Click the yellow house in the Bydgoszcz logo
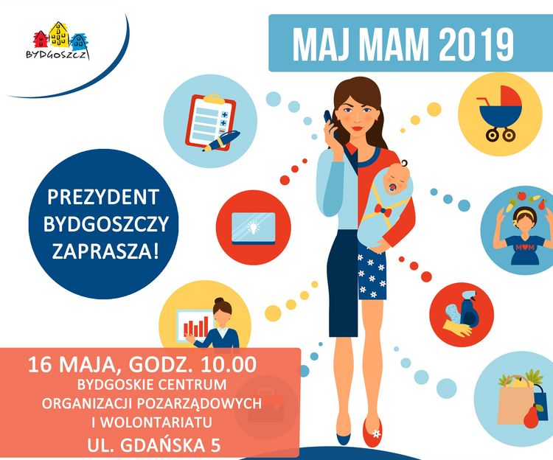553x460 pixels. tap(59, 35)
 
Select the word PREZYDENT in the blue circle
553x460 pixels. tap(103, 197)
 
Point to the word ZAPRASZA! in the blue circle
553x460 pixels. tap(105, 251)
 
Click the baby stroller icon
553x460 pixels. tap(499, 114)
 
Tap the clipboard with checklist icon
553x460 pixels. tap(210, 121)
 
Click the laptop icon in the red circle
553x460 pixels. tap(253, 228)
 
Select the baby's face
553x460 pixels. tap(397, 178)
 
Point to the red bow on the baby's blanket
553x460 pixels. tap(383, 210)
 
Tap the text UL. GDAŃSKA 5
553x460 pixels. tap(154, 445)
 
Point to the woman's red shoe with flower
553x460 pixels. tap(372, 433)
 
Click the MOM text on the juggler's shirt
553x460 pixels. tap(525, 248)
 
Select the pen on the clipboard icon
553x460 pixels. tap(221, 141)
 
